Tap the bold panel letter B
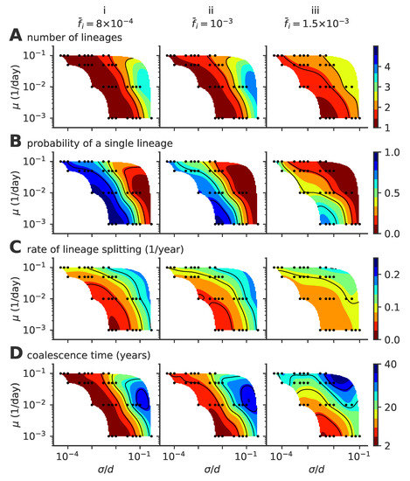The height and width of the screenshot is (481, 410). point(14,143)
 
